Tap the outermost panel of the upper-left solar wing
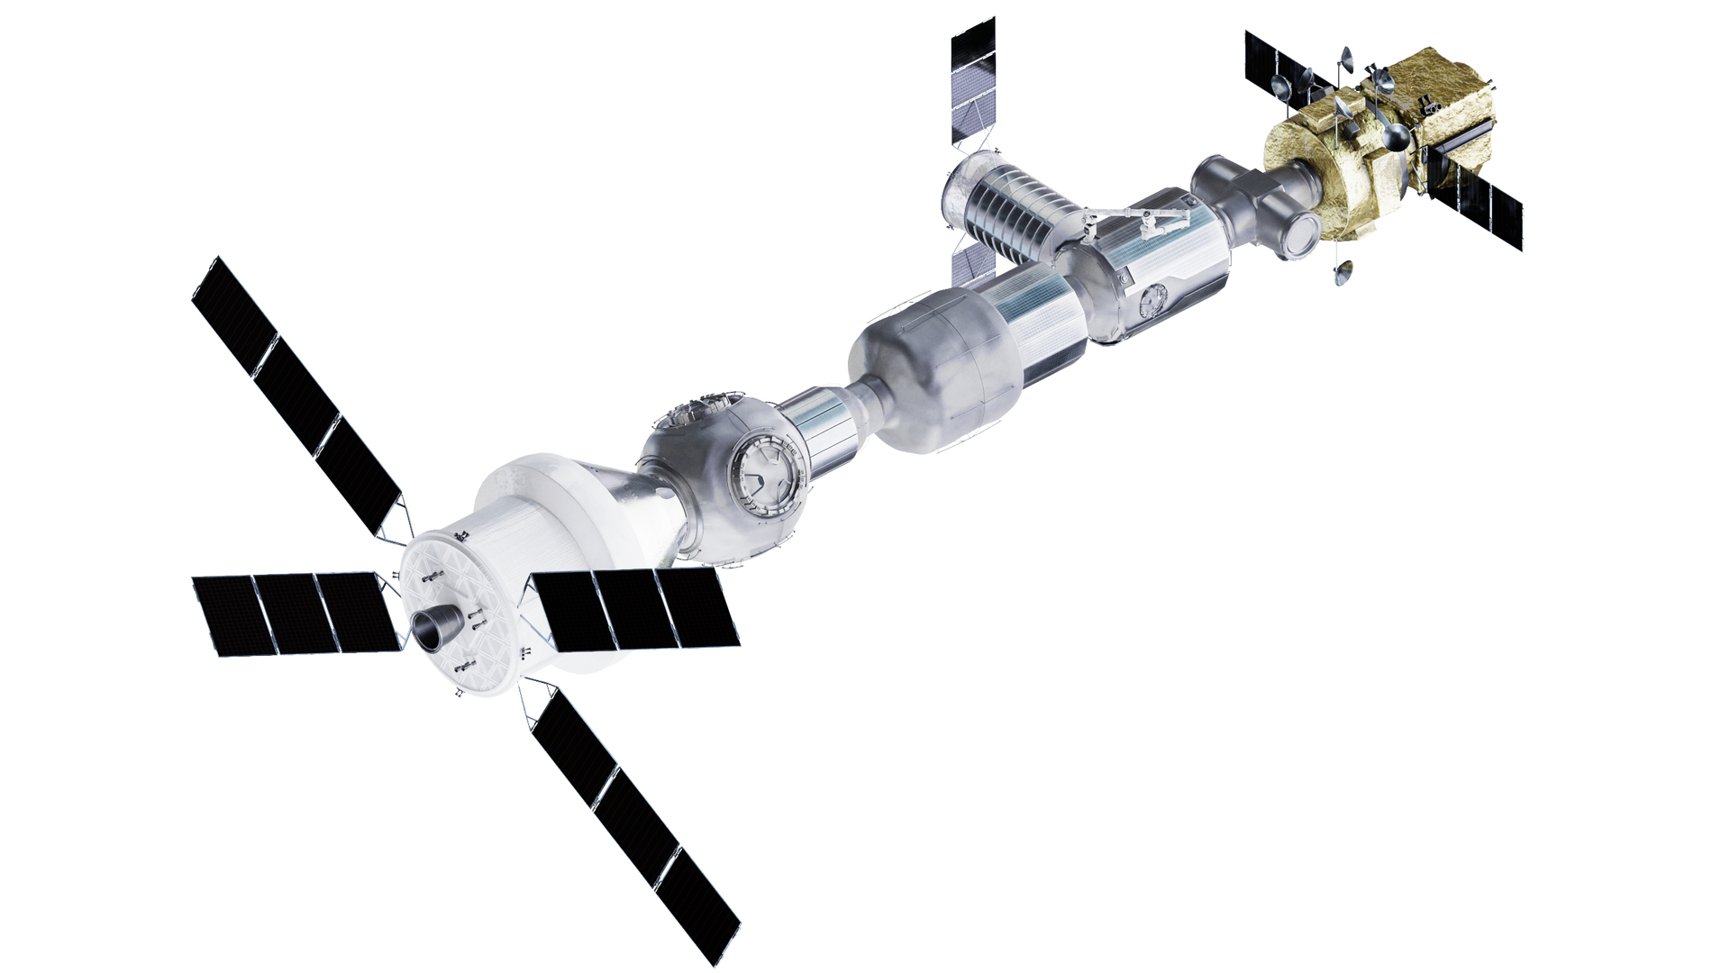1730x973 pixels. (x=231, y=306)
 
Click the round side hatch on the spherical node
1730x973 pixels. (x=765, y=468)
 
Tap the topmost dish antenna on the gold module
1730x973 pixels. (x=1346, y=59)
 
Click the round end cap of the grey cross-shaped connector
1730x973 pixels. (x=1302, y=236)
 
